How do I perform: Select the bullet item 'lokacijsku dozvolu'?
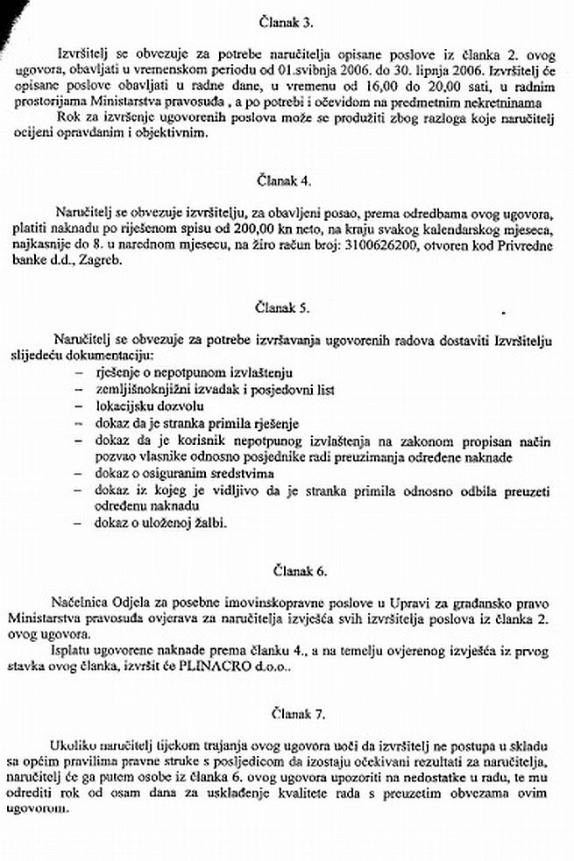click(x=139, y=407)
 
